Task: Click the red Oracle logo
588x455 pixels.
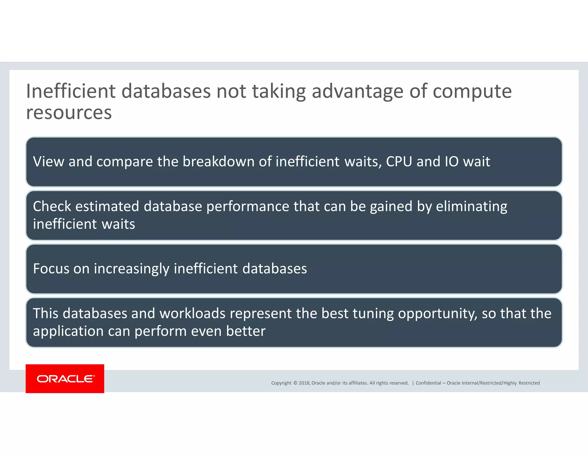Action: [65, 378]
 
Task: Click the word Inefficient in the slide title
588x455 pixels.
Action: [71, 91]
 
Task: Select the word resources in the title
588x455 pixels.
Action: [69, 113]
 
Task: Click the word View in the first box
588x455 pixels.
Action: [49, 162]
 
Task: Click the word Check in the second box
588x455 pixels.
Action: [52, 207]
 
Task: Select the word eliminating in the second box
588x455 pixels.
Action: [471, 207]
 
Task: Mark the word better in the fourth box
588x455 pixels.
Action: [246, 331]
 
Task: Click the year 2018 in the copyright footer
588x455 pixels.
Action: [304, 383]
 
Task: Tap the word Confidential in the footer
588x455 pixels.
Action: [428, 383]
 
